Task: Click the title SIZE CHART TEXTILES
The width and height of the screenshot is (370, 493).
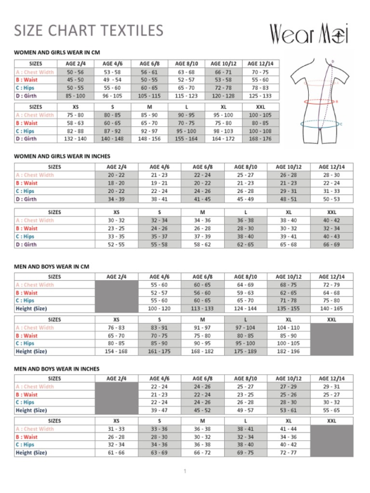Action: point(88,30)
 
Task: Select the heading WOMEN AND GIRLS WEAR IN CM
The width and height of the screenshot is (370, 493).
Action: point(57,53)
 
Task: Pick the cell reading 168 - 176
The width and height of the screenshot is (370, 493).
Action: point(260,139)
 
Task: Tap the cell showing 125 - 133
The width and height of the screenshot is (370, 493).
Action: point(260,96)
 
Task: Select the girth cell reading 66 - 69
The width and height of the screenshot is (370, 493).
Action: point(331,244)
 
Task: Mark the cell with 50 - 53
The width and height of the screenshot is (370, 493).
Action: point(331,198)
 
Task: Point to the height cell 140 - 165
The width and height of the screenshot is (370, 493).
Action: point(331,308)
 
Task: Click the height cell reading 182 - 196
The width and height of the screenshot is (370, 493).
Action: point(288,351)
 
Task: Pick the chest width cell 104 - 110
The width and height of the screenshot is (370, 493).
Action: point(288,327)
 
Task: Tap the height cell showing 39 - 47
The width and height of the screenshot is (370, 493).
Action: point(159,410)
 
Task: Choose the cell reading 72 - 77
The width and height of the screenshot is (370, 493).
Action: point(288,452)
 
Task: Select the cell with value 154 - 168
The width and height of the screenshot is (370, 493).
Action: point(116,351)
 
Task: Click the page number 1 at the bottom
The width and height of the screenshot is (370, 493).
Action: point(185,471)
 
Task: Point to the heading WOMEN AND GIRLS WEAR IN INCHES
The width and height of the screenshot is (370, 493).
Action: point(65,156)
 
